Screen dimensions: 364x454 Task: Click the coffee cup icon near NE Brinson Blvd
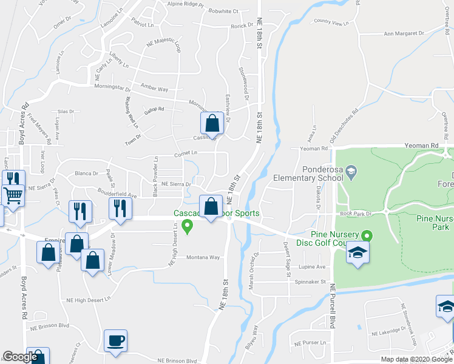pos(115,340)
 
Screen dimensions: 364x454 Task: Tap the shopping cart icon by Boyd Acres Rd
pos(13,195)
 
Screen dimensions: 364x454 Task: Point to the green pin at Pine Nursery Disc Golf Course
pos(366,235)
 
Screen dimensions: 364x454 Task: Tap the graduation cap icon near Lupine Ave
pos(357,254)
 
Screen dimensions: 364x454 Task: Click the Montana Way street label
pos(202,257)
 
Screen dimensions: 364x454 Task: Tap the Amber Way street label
pos(154,89)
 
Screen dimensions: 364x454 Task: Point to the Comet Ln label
pos(186,153)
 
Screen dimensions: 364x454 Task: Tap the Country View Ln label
pos(333,22)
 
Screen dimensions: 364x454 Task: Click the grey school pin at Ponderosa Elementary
pos(351,174)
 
